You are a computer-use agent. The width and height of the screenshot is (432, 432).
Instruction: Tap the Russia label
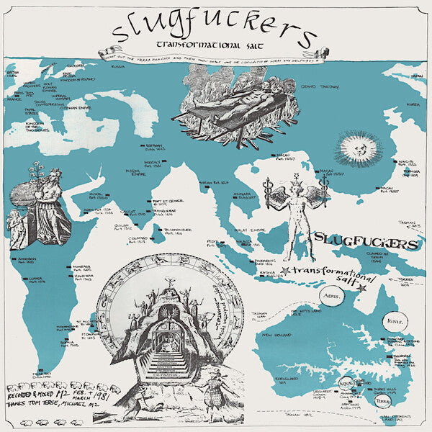click(120, 66)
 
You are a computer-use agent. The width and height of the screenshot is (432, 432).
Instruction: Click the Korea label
click(413, 105)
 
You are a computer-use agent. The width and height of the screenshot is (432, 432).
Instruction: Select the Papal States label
click(32, 112)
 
